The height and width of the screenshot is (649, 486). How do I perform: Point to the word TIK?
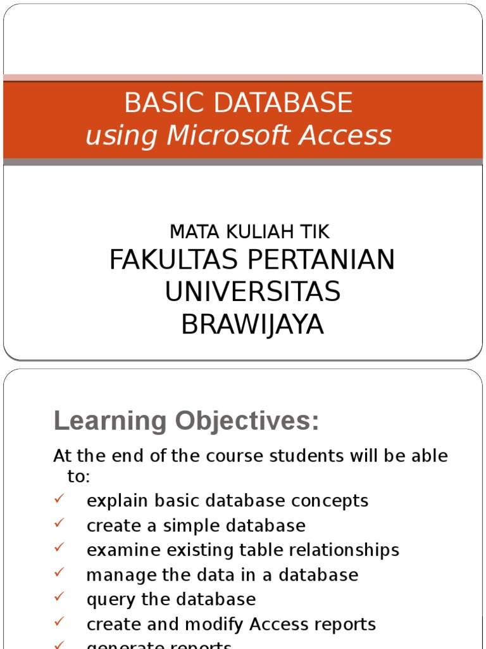click(314, 232)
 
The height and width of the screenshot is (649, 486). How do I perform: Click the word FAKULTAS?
click(174, 260)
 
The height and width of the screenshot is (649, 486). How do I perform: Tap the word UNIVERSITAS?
click(252, 292)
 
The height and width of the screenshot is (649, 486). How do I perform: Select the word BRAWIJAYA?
click(252, 324)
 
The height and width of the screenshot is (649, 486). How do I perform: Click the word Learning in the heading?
click(102, 421)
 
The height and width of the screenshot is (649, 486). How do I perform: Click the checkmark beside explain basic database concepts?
click(59, 499)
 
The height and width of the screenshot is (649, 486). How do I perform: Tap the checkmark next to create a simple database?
click(59, 524)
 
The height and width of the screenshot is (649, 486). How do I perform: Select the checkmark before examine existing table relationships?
click(59, 549)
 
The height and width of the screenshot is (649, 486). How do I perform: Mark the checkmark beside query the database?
click(59, 598)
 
